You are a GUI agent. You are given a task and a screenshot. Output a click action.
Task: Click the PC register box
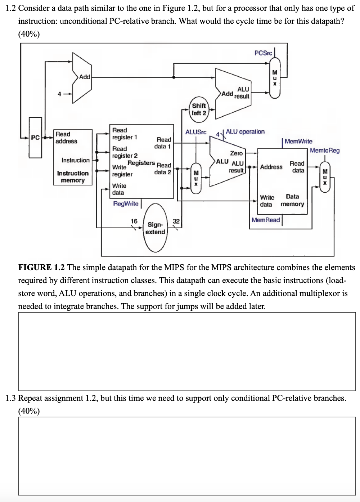point(35,138)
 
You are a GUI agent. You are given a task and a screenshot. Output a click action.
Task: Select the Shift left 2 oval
point(199,109)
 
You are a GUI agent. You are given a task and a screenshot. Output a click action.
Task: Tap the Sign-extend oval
point(155,228)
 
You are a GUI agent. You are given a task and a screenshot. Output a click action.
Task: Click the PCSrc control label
point(263,53)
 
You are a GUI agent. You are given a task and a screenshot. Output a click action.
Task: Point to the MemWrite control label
point(298,141)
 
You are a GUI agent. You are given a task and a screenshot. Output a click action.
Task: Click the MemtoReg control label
point(325,150)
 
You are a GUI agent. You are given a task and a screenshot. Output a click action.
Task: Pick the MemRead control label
point(266,220)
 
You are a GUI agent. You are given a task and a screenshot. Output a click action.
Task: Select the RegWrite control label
point(126,203)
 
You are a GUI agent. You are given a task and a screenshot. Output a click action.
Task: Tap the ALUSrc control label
point(196,132)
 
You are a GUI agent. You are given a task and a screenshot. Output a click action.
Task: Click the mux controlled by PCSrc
point(275,79)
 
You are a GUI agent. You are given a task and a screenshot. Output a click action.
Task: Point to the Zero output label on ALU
point(236,153)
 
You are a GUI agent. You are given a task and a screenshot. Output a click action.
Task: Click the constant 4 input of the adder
point(59,94)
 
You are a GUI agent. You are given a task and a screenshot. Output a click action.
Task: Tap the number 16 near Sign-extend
point(134,221)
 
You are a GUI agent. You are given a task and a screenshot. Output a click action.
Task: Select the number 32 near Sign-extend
point(176,221)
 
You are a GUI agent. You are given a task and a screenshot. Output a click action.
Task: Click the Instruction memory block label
point(73,176)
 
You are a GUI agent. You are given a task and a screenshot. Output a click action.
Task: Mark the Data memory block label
point(292,200)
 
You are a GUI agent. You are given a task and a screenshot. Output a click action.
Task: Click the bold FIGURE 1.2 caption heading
point(41,267)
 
